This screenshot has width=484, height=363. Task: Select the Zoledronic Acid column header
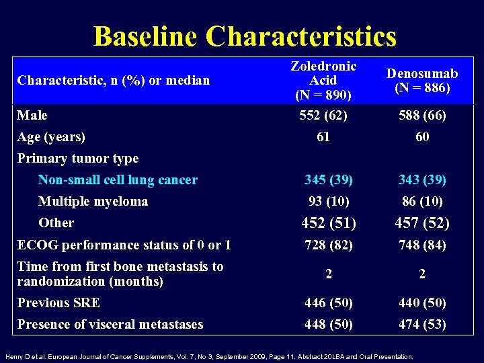click(x=323, y=80)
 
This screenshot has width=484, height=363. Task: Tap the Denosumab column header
click(x=422, y=81)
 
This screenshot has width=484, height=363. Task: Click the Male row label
click(x=32, y=116)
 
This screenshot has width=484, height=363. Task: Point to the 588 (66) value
click(x=421, y=116)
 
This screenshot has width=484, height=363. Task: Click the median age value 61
click(x=323, y=137)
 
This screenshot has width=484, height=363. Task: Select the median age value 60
click(x=422, y=137)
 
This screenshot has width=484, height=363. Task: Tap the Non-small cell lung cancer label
click(x=118, y=180)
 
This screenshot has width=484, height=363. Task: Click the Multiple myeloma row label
click(x=93, y=202)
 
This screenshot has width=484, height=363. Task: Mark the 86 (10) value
click(x=421, y=202)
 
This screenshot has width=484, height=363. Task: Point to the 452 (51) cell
click(x=329, y=223)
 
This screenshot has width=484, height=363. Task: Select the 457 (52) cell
click(x=422, y=223)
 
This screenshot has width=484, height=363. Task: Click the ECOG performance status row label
click(x=124, y=245)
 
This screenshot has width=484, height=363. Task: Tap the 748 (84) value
click(x=421, y=245)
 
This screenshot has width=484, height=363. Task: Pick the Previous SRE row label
click(x=58, y=303)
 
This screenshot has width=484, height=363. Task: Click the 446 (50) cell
click(x=328, y=303)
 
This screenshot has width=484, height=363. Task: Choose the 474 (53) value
click(x=421, y=325)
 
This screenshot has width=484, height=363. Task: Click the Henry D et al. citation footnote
click(x=209, y=356)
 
